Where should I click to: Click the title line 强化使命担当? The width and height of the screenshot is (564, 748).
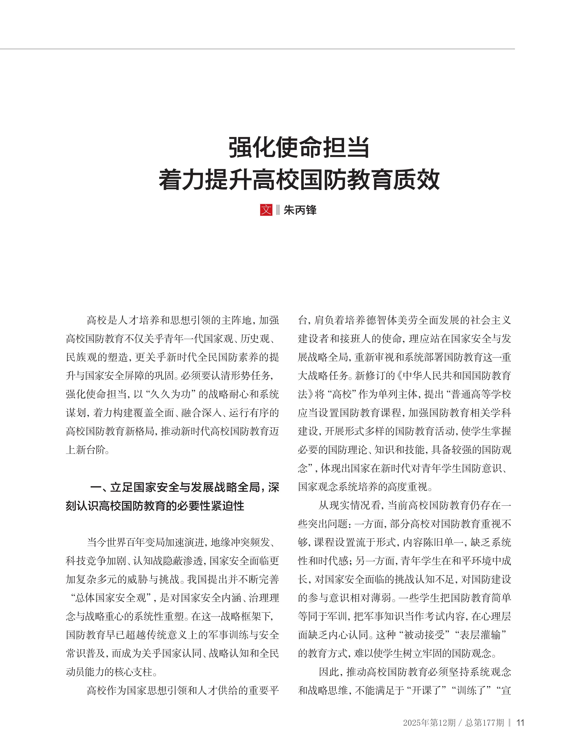coord(299,148)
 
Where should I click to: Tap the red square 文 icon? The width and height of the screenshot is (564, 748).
coord(266,210)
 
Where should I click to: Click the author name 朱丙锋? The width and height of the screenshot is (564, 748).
coord(300,210)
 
